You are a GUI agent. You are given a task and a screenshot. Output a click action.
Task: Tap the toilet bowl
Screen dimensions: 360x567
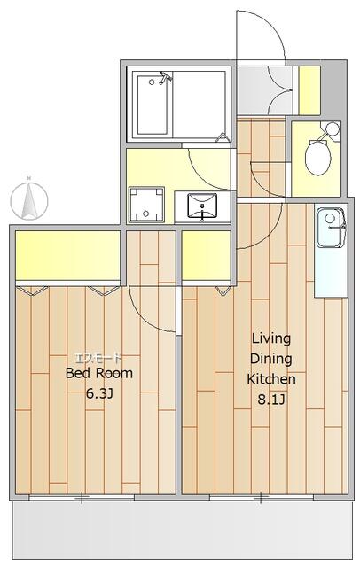(x=317, y=157)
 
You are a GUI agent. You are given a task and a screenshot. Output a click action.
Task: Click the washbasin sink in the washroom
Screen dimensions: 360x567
(x=202, y=206)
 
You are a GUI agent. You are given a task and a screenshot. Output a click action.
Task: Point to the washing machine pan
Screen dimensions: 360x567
(x=146, y=205)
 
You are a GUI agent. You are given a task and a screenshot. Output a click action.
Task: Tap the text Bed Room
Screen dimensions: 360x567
(x=99, y=373)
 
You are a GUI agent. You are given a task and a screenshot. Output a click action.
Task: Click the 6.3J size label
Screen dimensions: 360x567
(x=99, y=393)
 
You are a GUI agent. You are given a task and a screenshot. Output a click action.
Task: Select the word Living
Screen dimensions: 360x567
(x=271, y=339)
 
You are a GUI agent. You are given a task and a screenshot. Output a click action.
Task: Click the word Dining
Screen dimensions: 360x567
(x=271, y=360)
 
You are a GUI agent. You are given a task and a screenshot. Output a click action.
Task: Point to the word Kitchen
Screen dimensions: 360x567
(x=271, y=379)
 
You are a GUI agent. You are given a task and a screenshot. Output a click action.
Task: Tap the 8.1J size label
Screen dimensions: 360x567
(x=271, y=400)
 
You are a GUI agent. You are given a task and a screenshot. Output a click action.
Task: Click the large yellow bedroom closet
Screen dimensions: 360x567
(x=67, y=255)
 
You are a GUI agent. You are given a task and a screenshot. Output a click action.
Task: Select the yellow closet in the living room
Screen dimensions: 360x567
(x=207, y=255)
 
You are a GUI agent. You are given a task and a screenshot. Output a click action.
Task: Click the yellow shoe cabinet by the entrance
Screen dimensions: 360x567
(x=309, y=90)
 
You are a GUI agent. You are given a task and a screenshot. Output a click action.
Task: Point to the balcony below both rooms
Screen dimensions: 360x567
(x=182, y=529)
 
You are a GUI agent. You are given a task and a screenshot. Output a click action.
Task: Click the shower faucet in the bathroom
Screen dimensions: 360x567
(x=165, y=77)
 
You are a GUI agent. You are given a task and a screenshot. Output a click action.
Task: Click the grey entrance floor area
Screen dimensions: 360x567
(x=264, y=90)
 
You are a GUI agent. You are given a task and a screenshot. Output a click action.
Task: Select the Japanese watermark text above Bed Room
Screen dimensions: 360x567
(x=98, y=358)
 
